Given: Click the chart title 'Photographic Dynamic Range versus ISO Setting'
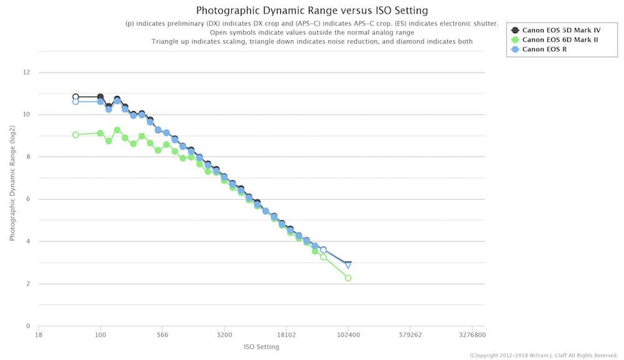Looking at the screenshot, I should (312, 11).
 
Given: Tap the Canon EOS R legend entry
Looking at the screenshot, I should (544, 49).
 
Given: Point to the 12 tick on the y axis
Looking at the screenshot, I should (26, 72).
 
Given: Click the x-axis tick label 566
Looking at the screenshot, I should (162, 335).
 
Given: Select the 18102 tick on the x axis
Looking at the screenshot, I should (286, 335).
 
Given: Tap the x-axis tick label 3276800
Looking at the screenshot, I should (472, 335).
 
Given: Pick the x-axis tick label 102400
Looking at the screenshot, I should (348, 335).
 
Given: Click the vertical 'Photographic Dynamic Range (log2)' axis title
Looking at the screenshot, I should (12, 199).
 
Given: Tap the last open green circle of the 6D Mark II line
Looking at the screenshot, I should (348, 278).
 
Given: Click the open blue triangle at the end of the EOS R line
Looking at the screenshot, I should (348, 265).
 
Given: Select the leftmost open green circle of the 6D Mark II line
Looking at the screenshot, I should (76, 135).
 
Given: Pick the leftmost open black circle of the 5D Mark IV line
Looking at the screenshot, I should (76, 97).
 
